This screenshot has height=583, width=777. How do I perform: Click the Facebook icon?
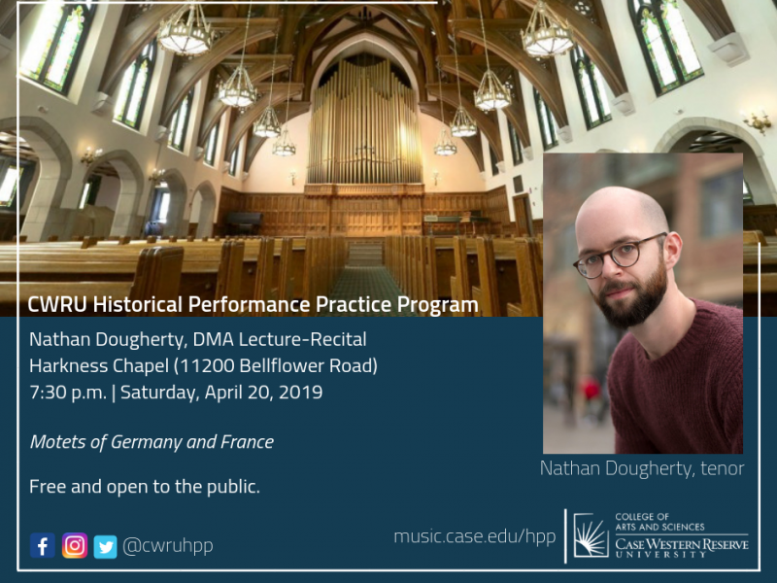click(43, 545)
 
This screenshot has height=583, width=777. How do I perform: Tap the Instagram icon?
click(75, 545)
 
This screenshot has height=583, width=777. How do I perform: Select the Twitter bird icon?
click(106, 547)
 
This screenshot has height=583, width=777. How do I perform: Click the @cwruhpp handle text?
click(167, 546)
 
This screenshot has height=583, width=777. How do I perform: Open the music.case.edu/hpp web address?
click(475, 536)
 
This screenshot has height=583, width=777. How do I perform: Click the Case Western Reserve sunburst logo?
click(591, 535)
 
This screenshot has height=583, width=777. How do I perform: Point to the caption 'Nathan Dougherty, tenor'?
click(642, 468)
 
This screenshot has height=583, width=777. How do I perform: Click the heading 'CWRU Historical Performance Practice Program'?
click(253, 304)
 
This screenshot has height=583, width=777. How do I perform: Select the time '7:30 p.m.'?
click(68, 393)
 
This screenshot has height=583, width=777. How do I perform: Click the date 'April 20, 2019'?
click(263, 393)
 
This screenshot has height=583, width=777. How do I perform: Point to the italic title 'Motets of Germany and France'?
click(152, 441)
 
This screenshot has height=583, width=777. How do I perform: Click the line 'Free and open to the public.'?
click(145, 487)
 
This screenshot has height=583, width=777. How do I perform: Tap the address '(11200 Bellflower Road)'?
click(276, 366)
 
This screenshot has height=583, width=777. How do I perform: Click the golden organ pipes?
click(364, 121)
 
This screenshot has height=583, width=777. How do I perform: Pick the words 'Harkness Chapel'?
click(99, 366)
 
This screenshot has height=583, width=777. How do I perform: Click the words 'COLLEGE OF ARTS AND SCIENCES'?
click(659, 522)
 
